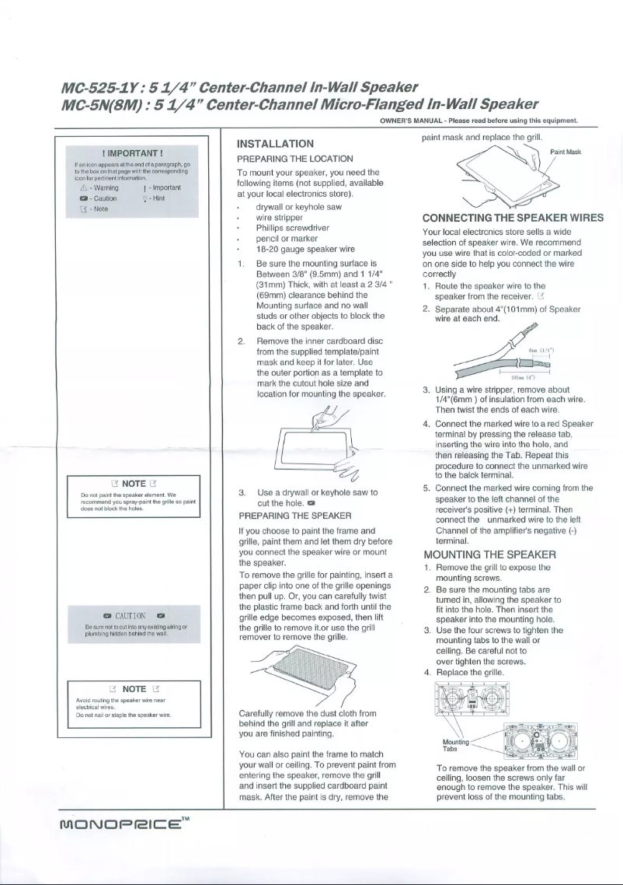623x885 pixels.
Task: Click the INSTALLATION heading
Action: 274,144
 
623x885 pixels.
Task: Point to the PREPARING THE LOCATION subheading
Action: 294,159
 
